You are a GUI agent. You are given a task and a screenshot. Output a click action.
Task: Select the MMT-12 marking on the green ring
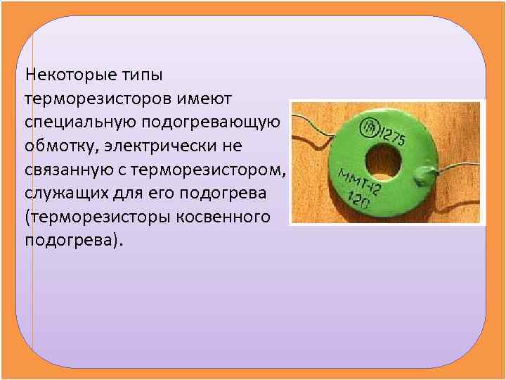[x=360, y=183]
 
